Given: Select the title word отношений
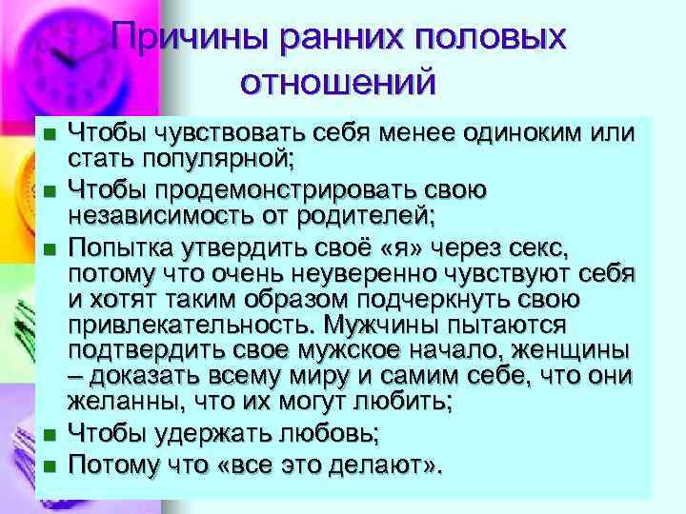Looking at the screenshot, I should (x=338, y=81).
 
